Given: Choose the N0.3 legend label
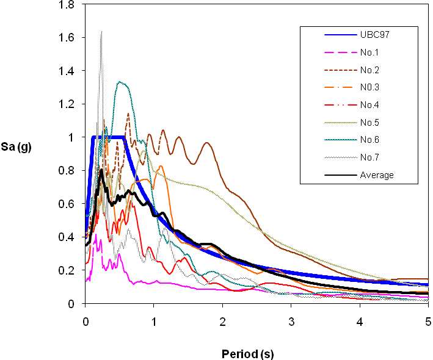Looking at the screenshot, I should pyautogui.click(x=371, y=87).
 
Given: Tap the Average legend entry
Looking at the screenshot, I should pyautogui.click(x=377, y=175).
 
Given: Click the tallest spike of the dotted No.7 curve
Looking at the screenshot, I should pyautogui.click(x=101, y=31).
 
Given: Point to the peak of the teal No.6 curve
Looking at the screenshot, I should pyautogui.click(x=120, y=82).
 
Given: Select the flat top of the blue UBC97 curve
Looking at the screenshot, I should pyautogui.click(x=108, y=137).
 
